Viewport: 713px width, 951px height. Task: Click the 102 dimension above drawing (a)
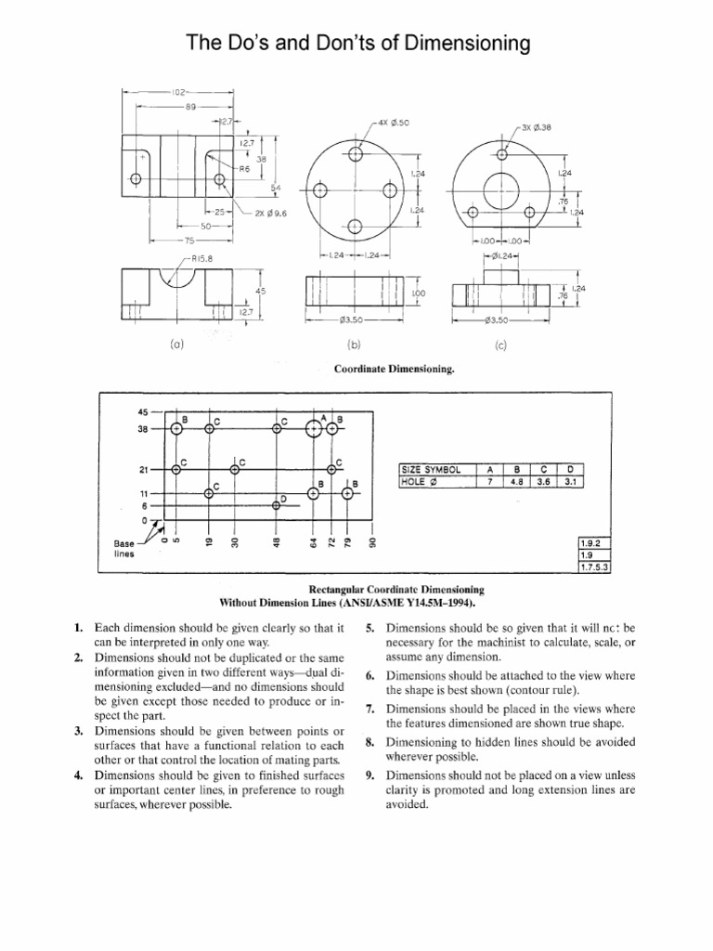click(x=180, y=92)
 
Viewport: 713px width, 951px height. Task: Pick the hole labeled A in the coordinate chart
click(x=313, y=428)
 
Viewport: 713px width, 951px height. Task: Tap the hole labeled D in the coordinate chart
click(x=276, y=505)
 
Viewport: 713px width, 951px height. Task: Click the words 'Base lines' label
click(x=124, y=548)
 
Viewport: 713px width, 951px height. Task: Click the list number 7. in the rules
click(x=369, y=709)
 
